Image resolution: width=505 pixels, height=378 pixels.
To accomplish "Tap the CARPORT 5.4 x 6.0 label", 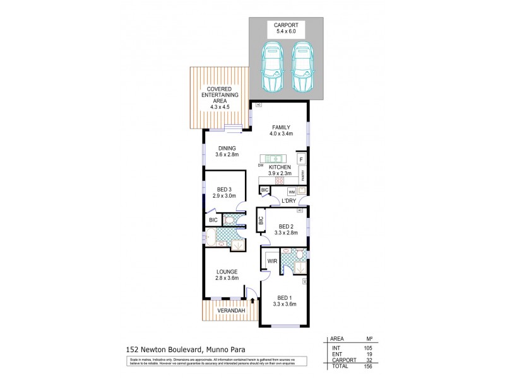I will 287,29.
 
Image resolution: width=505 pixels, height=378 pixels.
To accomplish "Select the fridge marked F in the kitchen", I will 301,159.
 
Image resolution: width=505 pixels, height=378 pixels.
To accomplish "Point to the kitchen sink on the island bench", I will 275,158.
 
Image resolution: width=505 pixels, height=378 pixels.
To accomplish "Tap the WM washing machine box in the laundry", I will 292,191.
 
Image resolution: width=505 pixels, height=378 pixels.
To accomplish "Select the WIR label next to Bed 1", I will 273,260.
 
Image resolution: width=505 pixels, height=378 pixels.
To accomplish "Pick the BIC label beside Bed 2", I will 260,221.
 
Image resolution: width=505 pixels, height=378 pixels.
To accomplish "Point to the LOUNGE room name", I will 225,272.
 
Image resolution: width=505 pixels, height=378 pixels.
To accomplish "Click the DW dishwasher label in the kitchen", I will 261,165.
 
